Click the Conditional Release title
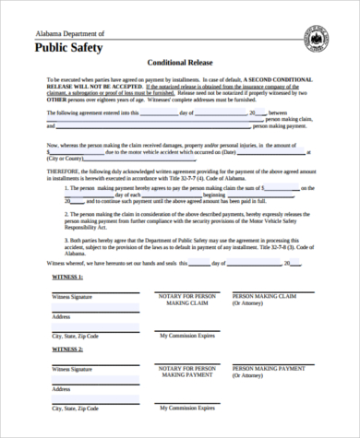[x=181, y=65]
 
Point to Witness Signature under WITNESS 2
[x=74, y=369]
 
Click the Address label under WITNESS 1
[x=62, y=315]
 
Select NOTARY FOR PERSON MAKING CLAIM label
[x=187, y=299]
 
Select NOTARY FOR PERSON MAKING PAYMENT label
[x=187, y=373]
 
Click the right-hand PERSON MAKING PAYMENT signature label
[x=269, y=369]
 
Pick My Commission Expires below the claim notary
[x=188, y=337]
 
